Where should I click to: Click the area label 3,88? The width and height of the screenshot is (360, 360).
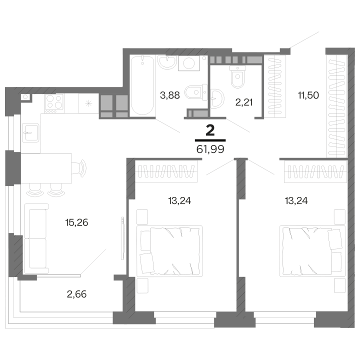(170, 95)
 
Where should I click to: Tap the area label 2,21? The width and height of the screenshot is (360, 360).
(244, 102)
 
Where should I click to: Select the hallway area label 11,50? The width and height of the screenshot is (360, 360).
(308, 95)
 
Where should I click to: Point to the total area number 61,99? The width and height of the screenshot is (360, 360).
(210, 149)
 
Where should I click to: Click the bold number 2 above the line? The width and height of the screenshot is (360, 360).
(210, 130)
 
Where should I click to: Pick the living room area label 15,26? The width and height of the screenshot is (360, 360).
(76, 222)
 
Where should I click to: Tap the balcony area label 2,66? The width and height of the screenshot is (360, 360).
(76, 294)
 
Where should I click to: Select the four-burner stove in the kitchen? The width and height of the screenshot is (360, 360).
(54, 103)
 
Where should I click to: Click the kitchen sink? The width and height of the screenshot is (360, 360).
(30, 133)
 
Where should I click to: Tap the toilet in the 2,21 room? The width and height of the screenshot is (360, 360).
(237, 76)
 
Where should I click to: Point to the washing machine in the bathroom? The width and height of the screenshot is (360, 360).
(189, 63)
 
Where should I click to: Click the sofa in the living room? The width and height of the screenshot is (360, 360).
(36, 238)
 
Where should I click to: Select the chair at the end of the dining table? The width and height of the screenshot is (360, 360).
(78, 168)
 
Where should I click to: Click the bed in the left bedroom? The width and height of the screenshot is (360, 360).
(169, 251)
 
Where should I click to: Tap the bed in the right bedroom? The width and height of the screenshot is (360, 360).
(312, 251)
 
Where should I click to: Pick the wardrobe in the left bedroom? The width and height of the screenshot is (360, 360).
(166, 171)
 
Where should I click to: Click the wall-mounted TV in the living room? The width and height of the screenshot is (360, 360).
(122, 238)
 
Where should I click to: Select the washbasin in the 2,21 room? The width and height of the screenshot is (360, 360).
(217, 98)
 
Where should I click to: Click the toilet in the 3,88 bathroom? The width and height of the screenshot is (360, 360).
(196, 92)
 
